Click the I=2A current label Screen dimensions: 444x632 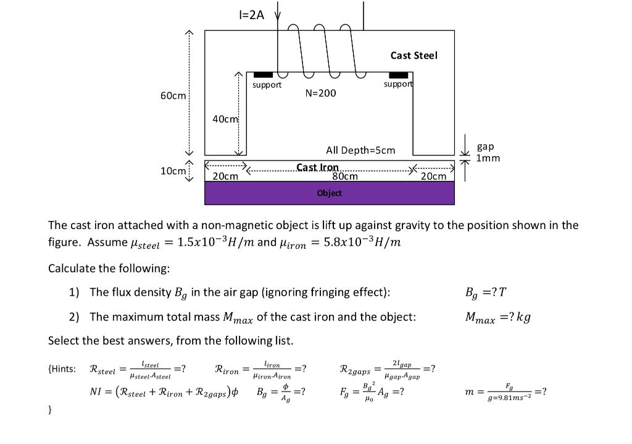pos(251,15)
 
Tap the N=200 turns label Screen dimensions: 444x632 pos(321,93)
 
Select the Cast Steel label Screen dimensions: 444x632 pos(414,56)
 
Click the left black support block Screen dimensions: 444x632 pos(263,75)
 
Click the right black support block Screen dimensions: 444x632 pos(398,75)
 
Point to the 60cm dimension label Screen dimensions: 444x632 pos(173,96)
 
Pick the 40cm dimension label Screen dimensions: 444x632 pos(225,119)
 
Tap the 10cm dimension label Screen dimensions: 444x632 pos(173,170)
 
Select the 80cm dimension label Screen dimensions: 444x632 pos(344,176)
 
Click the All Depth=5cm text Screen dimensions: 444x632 pos(360,150)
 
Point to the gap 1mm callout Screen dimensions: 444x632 pos(488,152)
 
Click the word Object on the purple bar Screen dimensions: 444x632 pos(329,193)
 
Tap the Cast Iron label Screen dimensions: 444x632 pos(317,167)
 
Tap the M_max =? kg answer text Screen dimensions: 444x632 pos(497,317)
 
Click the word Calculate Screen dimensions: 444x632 pos(71,269)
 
